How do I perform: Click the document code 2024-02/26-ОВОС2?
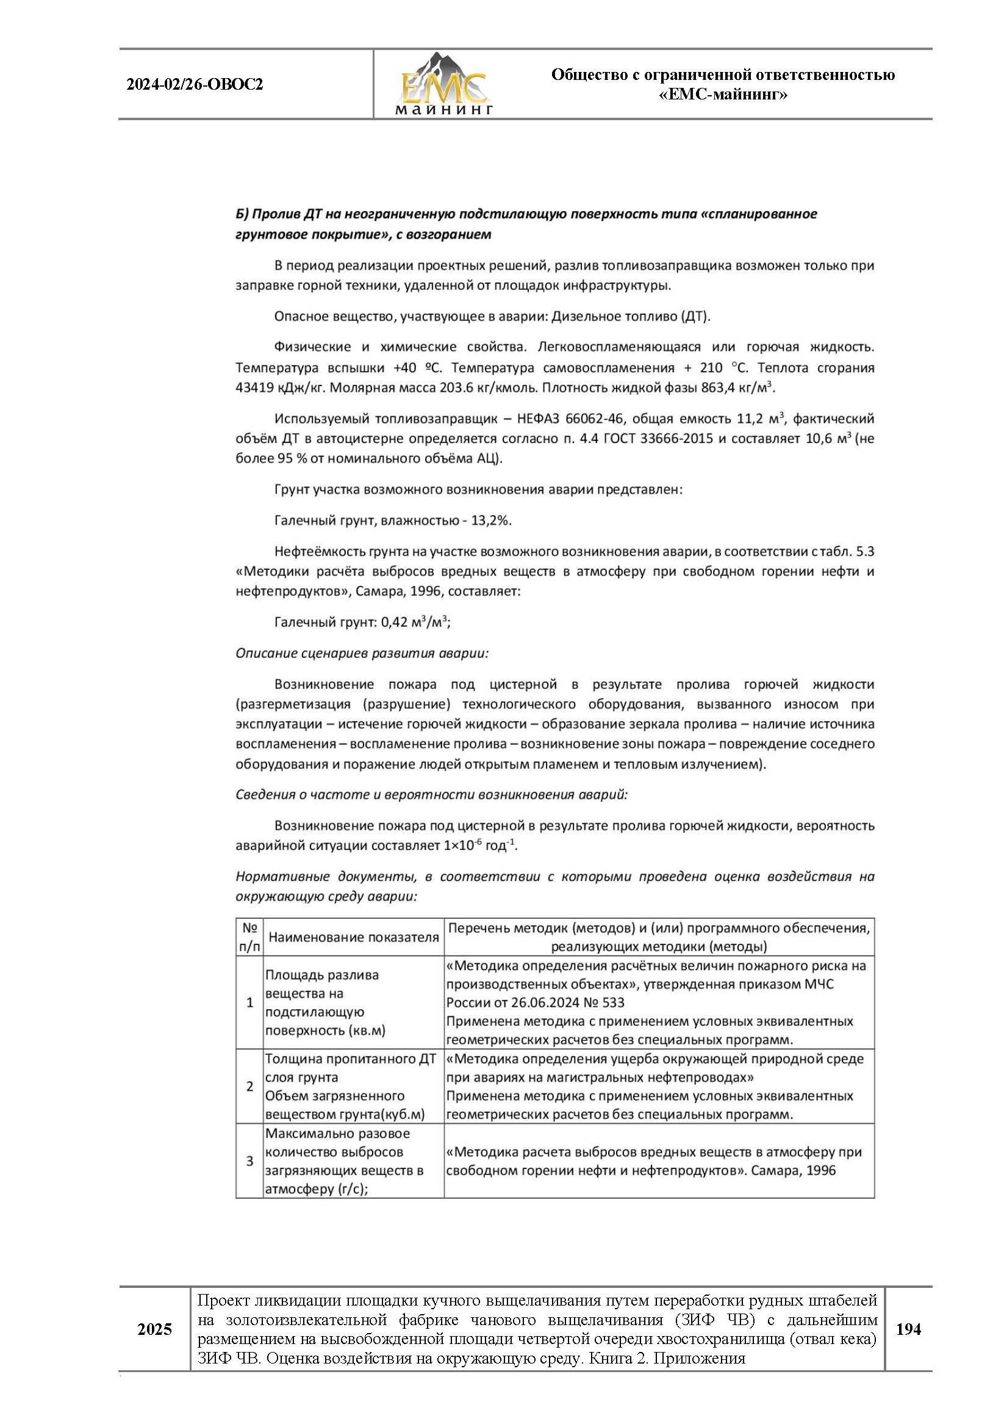click(x=195, y=85)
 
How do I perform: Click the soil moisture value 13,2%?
click(x=491, y=520)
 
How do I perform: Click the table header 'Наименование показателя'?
click(x=354, y=937)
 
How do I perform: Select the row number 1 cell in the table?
click(x=249, y=1002)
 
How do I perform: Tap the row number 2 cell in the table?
click(x=249, y=1087)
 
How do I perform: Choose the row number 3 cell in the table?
click(x=249, y=1161)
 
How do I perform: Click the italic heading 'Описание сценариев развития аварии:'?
click(x=362, y=653)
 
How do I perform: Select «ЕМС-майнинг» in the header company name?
click(x=723, y=95)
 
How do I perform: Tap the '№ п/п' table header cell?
click(x=249, y=937)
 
